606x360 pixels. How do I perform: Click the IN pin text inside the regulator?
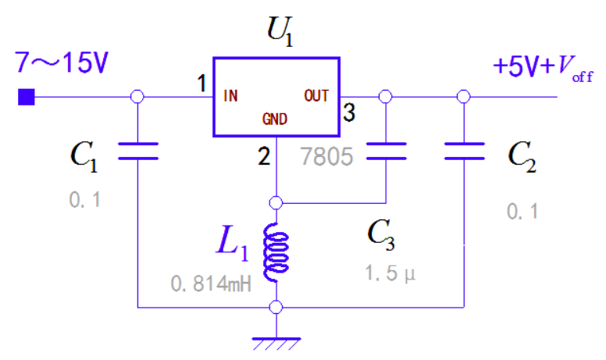click(231, 96)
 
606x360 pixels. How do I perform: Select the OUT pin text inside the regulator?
click(316, 95)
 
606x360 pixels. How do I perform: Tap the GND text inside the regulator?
click(275, 119)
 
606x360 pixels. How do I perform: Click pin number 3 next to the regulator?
click(349, 114)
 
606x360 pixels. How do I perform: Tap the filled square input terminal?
click(27, 97)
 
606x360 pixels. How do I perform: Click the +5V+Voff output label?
click(538, 68)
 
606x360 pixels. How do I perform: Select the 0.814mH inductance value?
click(211, 284)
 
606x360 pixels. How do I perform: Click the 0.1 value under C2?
click(522, 211)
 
